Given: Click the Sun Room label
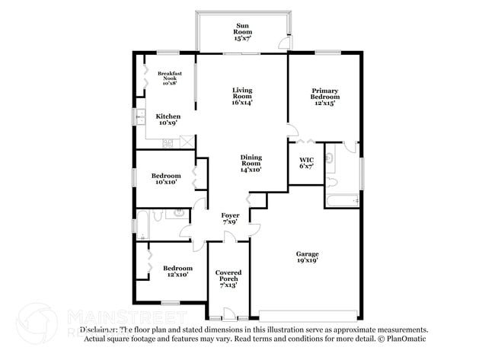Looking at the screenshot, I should (242, 31).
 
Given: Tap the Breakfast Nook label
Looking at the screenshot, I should (169, 78).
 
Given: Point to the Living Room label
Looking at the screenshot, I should (242, 96).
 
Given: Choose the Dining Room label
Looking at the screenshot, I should (251, 164).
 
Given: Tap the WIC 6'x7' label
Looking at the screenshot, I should (306, 163).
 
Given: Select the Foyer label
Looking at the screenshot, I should (230, 218).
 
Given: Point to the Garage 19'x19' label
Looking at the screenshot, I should (307, 257).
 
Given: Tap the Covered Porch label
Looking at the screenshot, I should (228, 279).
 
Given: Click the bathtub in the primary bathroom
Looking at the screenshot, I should (340, 202).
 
